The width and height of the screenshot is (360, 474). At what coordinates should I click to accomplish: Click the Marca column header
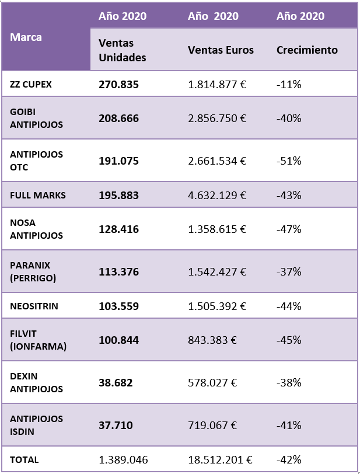[x=26, y=37]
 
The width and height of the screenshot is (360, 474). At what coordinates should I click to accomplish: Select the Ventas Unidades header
[x=123, y=50]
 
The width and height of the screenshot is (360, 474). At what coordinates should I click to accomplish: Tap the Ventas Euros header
[x=221, y=50]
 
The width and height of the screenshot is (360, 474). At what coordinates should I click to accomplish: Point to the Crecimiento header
[x=307, y=50]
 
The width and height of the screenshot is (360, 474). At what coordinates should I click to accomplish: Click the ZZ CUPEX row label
[x=31, y=84]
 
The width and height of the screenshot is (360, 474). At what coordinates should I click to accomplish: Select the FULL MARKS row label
[x=38, y=195]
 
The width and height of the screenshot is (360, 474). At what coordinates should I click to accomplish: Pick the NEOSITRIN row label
[x=34, y=305]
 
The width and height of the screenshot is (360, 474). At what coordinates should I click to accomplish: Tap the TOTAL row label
[x=25, y=459]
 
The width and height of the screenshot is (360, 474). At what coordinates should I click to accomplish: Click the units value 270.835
[x=119, y=84]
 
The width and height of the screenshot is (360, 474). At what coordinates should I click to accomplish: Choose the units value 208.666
[x=119, y=118]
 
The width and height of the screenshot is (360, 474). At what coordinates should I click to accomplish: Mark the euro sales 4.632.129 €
[x=217, y=195]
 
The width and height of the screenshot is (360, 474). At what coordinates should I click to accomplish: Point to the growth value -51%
[x=289, y=161]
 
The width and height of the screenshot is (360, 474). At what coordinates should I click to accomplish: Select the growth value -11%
[x=289, y=84]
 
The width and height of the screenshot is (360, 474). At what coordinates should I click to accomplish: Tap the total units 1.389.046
[x=124, y=459]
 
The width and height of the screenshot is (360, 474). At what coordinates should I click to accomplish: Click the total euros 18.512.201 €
[x=219, y=459]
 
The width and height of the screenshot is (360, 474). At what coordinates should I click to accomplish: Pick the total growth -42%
[x=289, y=459]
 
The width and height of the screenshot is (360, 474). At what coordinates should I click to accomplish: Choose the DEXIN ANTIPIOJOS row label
[x=36, y=382]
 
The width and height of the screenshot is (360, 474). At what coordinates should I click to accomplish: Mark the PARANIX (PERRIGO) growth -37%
[x=289, y=271]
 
